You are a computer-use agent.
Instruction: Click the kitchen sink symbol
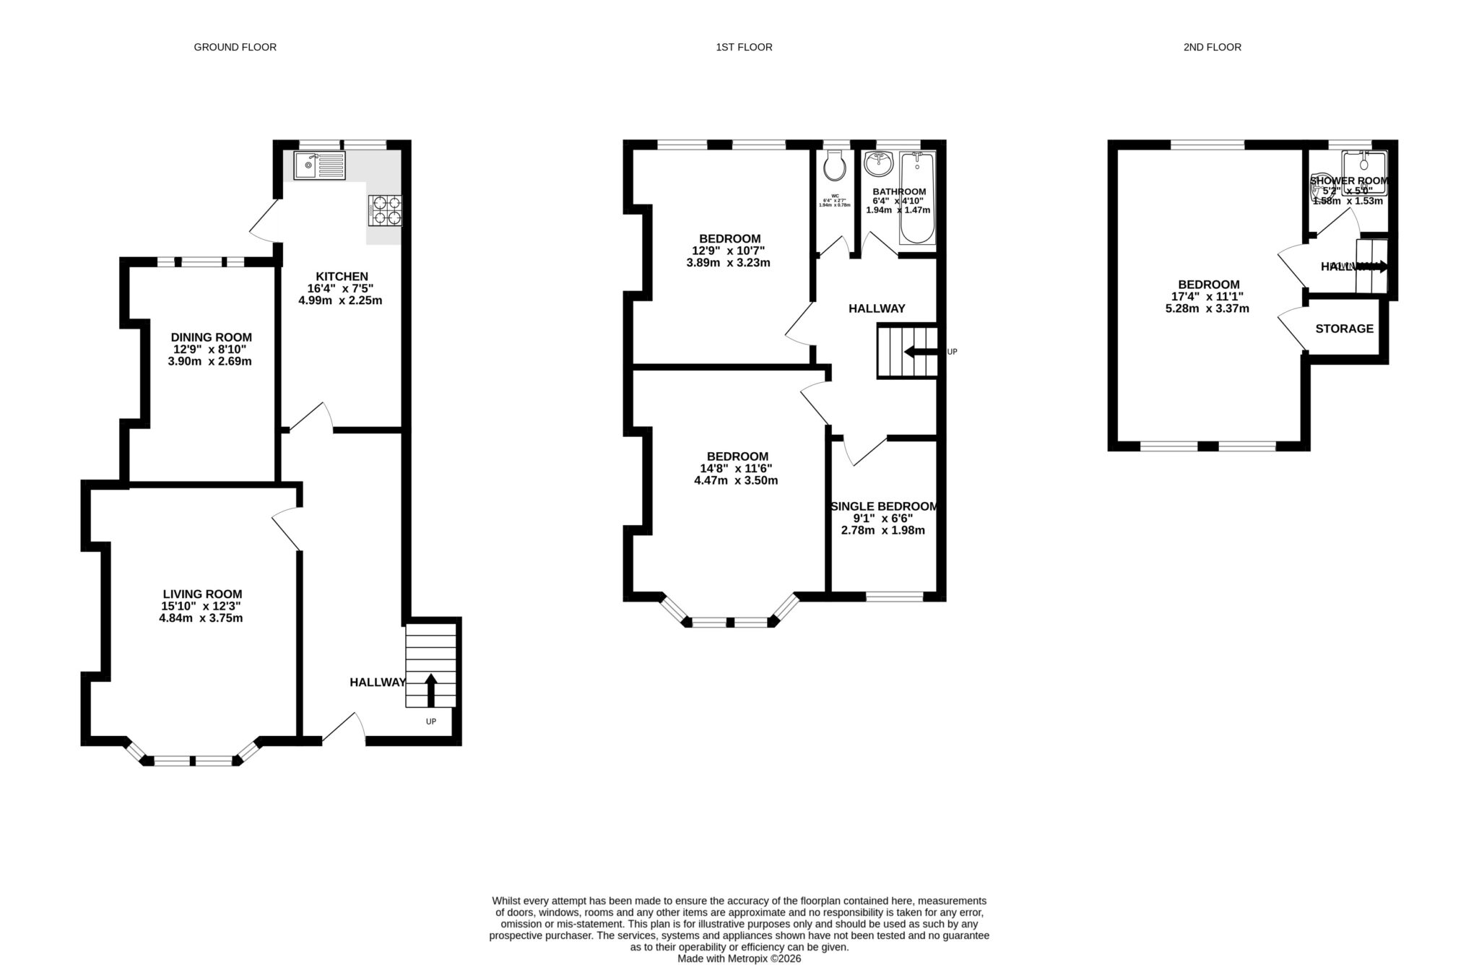pos(319,166)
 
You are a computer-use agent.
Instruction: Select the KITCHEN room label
pos(342,276)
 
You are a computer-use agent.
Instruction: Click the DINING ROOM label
pos(211,337)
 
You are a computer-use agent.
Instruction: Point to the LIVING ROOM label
pos(202,594)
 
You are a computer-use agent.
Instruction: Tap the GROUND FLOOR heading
pos(235,47)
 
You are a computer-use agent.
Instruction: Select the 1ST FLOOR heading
pos(744,47)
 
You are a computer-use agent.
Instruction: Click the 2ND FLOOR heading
pos(1212,47)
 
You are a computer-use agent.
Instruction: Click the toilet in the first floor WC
pos(834,166)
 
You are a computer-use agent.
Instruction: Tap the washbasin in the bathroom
pos(879,164)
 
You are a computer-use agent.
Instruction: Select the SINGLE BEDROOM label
pos(884,506)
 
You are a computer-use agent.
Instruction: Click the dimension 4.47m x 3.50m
pos(736,480)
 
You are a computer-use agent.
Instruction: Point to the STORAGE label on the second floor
pos(1344,329)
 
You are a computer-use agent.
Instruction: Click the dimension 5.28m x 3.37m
pos(1207,308)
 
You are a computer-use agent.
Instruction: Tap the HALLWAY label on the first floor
pos(876,308)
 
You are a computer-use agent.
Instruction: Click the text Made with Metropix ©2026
pos(739,958)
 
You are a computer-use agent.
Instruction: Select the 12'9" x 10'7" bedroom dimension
pos(728,251)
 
